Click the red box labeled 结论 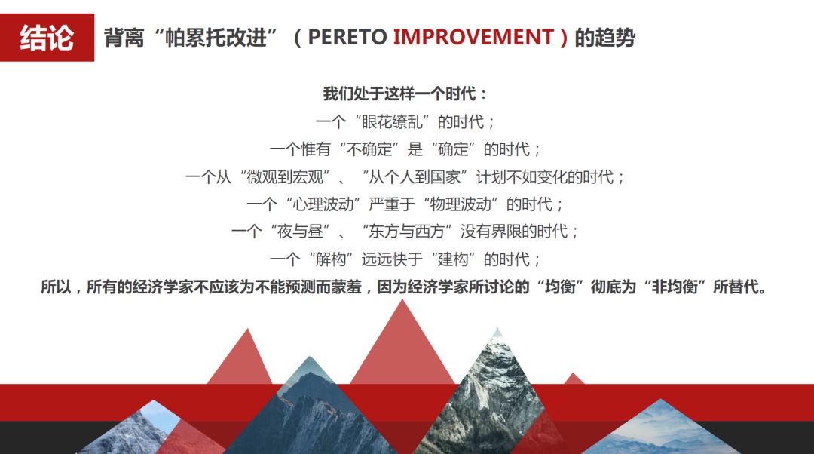[x=47, y=38]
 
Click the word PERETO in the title [x=347, y=38]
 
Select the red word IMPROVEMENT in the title [x=473, y=38]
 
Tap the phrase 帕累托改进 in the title [x=216, y=38]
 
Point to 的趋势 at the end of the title [x=604, y=38]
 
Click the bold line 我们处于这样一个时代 [x=399, y=94]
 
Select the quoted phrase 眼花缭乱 [x=392, y=122]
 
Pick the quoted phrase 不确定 [x=369, y=149]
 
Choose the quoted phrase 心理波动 [x=323, y=204]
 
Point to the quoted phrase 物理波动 [x=461, y=204]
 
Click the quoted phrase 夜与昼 [x=300, y=232]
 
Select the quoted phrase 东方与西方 [x=406, y=232]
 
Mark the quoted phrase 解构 [x=331, y=259]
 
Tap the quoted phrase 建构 [x=453, y=259]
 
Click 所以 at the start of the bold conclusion [x=56, y=287]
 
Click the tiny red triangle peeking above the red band [x=573, y=379]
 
